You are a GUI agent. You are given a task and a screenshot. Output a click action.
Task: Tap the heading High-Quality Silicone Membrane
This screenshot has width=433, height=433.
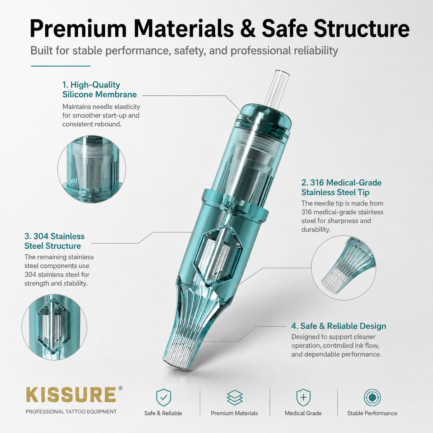99,89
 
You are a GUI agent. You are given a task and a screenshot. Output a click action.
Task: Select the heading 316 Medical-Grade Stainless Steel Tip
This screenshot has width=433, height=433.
341,187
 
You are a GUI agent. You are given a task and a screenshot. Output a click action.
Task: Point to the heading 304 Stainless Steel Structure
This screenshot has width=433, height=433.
54,241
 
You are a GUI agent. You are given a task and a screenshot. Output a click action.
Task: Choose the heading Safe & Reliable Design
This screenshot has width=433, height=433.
339,326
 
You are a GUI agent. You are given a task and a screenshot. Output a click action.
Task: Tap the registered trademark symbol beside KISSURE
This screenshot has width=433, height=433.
121,388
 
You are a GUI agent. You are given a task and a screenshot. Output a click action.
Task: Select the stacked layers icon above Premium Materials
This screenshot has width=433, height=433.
234,397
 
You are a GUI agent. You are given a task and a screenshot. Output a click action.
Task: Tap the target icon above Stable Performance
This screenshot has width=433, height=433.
372,397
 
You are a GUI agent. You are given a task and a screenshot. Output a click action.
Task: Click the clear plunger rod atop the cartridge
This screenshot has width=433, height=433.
276,89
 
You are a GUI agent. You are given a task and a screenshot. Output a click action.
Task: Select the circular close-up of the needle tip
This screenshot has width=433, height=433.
344,268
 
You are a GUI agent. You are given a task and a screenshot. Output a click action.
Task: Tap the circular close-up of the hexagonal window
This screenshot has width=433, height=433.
54,327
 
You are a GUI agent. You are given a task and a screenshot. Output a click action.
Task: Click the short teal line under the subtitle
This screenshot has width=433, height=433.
61,66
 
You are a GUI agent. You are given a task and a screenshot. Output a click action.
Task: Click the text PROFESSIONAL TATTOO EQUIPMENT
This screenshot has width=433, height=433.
71,412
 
